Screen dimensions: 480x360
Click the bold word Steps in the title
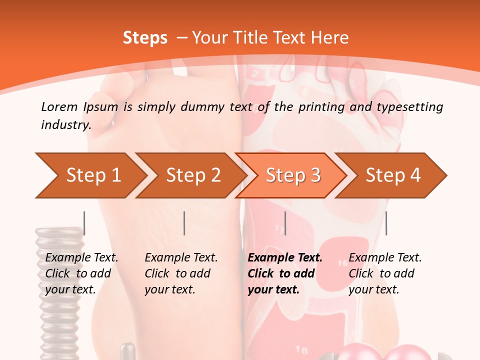coord(145,38)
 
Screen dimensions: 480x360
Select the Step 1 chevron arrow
coord(91,175)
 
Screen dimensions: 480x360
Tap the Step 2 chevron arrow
coord(191,175)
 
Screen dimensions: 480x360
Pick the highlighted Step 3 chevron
coord(291,175)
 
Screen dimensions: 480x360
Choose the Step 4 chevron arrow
coord(391,175)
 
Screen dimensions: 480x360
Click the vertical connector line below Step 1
coord(84,223)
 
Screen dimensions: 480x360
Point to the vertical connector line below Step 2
coord(184,223)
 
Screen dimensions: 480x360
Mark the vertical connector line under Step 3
coord(285,223)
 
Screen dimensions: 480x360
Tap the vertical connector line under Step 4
coord(386,223)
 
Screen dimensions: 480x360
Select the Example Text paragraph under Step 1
coord(81,273)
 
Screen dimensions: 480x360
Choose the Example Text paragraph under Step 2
coord(181,273)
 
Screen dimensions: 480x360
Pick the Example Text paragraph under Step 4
coord(385,273)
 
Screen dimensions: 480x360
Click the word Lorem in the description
coord(59,107)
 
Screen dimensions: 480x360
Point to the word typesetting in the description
coord(410,107)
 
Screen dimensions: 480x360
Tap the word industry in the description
coord(65,125)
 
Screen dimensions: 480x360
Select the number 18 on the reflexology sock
coord(301,349)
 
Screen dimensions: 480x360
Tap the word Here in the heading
coord(329,37)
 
